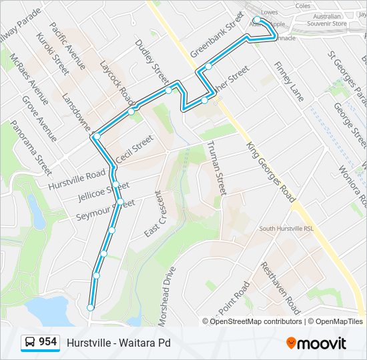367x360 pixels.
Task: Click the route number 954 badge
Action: tap(40, 342)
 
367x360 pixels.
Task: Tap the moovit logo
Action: tap(316, 343)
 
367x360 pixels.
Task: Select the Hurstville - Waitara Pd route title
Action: tap(119, 343)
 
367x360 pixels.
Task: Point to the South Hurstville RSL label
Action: tap(286, 229)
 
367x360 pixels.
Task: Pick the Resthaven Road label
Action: tap(281, 287)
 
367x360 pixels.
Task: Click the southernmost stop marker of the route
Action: tap(91, 307)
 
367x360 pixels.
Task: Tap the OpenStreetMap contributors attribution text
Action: tap(252, 321)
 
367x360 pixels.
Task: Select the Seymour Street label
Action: tap(105, 209)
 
